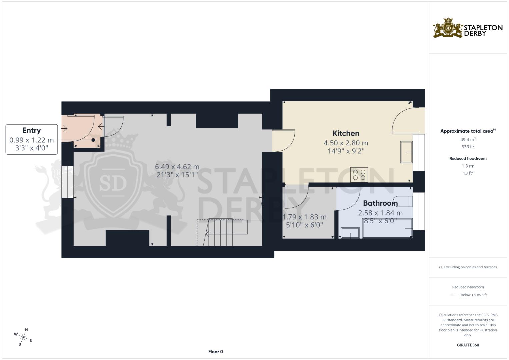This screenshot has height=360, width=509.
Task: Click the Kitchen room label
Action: coord(346,133)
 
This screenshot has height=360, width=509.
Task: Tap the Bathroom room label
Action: coord(380,203)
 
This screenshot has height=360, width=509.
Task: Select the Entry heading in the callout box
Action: coord(32,130)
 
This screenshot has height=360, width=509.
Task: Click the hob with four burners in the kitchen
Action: coord(359,175)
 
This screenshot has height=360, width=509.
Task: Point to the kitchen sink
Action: coord(406,152)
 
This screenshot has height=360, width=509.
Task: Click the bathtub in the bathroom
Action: coord(387,228)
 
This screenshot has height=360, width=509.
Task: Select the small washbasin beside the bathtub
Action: coord(350,233)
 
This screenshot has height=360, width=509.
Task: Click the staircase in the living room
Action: coord(222,233)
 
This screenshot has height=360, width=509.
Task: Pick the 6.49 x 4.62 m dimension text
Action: coord(177,167)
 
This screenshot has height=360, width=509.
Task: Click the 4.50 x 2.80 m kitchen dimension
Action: coord(346,143)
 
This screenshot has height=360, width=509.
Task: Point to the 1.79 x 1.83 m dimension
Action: coord(304,217)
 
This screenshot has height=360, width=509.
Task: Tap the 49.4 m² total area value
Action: coord(468,140)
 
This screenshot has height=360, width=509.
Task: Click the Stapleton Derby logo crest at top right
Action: coord(448,28)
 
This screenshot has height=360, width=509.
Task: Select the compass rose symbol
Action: coord(23,337)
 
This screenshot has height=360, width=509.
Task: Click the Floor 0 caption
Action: coord(215,352)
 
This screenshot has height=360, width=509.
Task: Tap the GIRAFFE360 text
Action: coord(468,345)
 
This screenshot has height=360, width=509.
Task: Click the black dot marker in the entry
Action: coord(93,140)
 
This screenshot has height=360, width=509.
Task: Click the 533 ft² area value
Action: coord(468,147)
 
